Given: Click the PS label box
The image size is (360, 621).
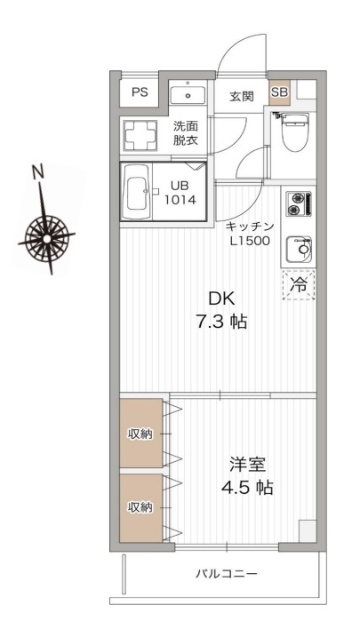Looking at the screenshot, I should (140, 92).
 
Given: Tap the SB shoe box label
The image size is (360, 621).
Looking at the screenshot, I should (278, 92).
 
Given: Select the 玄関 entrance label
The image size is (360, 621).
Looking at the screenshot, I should (241, 96).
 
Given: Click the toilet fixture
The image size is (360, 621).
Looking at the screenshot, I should (292, 132).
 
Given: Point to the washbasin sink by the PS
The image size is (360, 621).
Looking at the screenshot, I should (188, 93).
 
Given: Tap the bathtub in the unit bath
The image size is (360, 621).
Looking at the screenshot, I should (139, 192).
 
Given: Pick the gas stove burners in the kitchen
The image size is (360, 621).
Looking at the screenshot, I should (296, 205).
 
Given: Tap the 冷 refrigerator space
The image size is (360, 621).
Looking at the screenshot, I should (299, 285).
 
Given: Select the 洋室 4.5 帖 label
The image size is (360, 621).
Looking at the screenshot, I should (243, 475).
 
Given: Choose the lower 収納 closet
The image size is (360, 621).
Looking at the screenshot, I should (140, 507).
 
